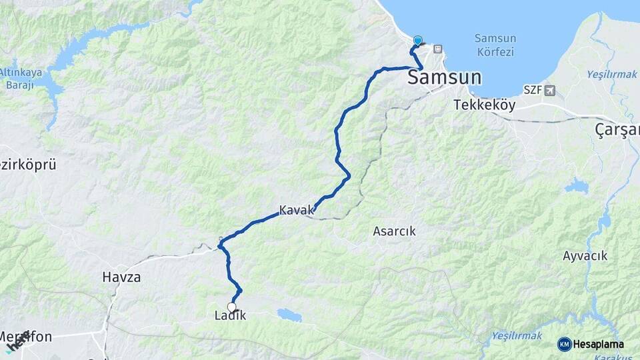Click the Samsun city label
(x=444, y=78)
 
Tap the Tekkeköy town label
(x=481, y=105)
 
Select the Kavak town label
(x=295, y=210)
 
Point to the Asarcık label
(x=393, y=231)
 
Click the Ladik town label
(x=231, y=316)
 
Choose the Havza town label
(x=121, y=277)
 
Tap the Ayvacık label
(x=585, y=256)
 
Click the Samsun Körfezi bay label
(x=497, y=45)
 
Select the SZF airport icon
(x=549, y=90)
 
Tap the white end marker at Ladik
(x=232, y=307)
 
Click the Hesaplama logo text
(x=598, y=344)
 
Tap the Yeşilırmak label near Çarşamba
(x=612, y=74)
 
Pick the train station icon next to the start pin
(x=438, y=49)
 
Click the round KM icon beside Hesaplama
(x=564, y=344)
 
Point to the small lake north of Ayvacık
(x=577, y=186)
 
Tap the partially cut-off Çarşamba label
(x=617, y=130)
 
